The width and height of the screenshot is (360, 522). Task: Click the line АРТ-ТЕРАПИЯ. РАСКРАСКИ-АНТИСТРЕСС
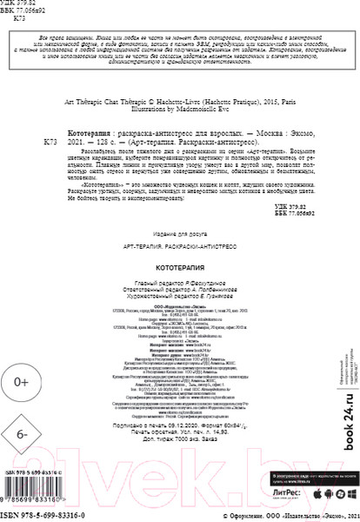coord(179,253)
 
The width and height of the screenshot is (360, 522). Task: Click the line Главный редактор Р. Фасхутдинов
coord(179,283)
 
